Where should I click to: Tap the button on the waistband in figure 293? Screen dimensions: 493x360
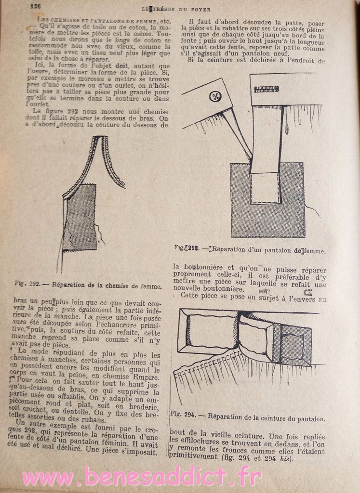[215, 97]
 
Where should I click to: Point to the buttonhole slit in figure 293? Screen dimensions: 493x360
[266, 89]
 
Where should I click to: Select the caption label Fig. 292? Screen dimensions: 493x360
[27, 284]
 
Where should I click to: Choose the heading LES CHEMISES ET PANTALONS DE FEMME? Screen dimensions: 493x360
[96, 21]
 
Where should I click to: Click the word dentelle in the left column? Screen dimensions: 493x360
[76, 413]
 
